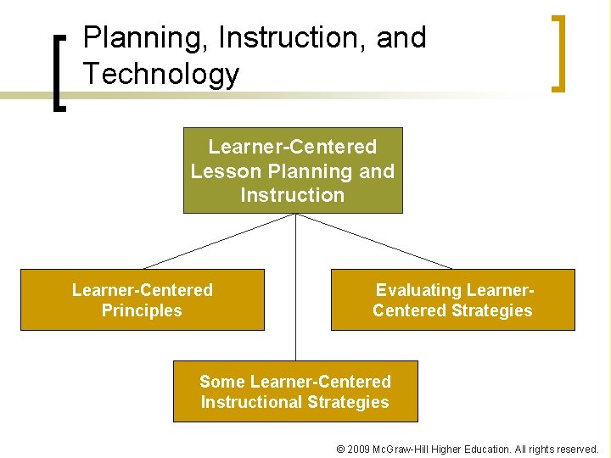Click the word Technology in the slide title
161,75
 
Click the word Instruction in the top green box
292,195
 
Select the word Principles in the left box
142,310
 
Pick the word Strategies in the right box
491,310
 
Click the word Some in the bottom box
222,382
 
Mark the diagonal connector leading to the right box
373,241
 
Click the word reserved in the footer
576,449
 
